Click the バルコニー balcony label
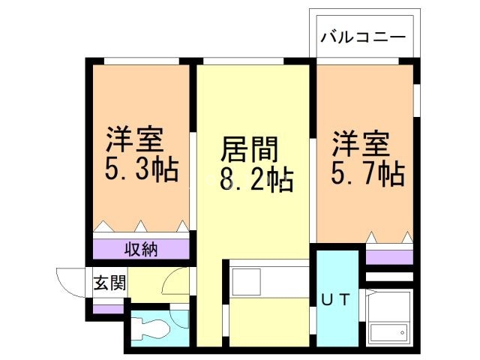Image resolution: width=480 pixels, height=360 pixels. (364, 37)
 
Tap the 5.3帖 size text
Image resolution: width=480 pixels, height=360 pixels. (141, 171)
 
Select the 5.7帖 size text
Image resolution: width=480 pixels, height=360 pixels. (368, 173)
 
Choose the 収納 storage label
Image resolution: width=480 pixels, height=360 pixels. (141, 249)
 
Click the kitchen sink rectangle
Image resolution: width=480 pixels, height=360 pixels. (246, 281)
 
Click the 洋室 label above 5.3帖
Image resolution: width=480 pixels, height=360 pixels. (134, 140)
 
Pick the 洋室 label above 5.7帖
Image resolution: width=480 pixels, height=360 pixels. (361, 142)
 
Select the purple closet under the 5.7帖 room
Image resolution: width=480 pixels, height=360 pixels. (388, 257)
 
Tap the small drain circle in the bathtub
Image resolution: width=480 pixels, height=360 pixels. (403, 332)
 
